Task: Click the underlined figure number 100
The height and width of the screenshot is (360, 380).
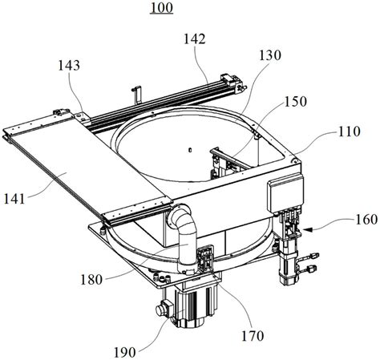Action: click(x=161, y=7)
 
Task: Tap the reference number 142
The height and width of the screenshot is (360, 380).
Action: click(x=195, y=39)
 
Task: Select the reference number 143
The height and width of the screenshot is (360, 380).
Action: click(x=69, y=65)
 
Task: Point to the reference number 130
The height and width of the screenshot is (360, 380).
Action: click(x=270, y=55)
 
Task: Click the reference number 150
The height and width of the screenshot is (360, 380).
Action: click(x=296, y=102)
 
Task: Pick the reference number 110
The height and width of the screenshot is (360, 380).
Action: click(x=349, y=131)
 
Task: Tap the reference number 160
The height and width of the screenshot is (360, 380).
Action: click(x=366, y=220)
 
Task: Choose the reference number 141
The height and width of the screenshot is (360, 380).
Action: click(x=14, y=199)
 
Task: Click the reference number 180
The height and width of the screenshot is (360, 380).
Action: click(x=91, y=280)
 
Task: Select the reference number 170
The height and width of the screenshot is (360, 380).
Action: click(x=253, y=336)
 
